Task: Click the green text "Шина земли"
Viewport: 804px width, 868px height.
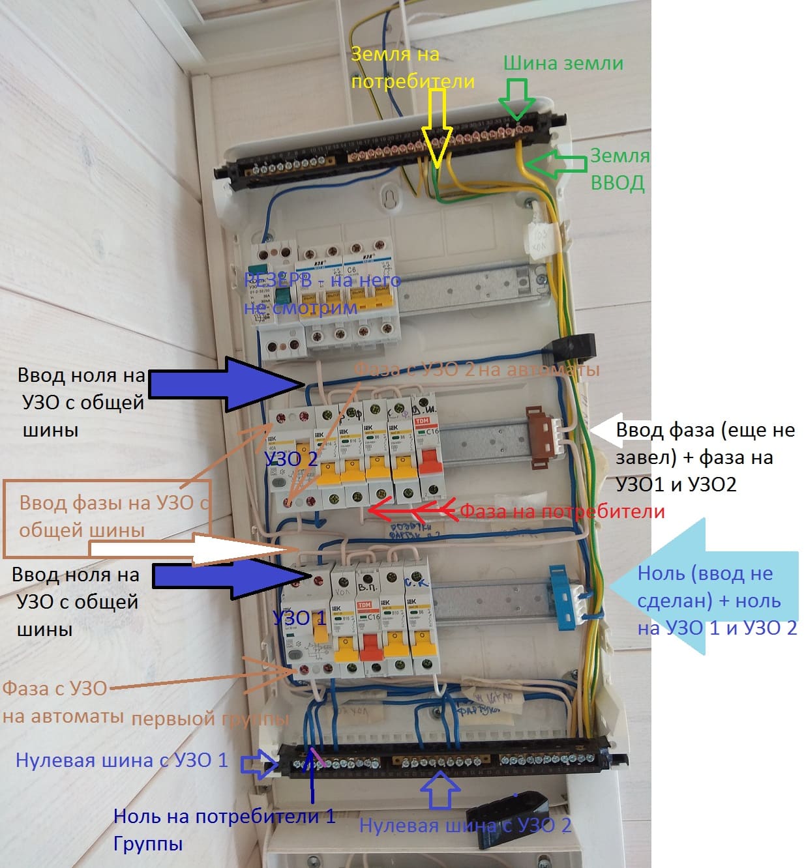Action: click(x=563, y=63)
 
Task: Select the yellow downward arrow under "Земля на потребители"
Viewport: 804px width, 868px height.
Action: click(x=436, y=127)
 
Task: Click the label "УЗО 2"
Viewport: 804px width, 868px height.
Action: click(x=291, y=459)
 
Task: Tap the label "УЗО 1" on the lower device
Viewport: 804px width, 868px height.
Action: click(x=299, y=616)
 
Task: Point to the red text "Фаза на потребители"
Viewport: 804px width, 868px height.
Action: click(x=562, y=512)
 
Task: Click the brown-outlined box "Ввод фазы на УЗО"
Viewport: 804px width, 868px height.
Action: click(x=107, y=519)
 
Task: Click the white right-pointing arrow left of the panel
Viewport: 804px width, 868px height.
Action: click(x=189, y=549)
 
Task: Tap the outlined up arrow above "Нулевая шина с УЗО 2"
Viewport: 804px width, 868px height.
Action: click(x=440, y=788)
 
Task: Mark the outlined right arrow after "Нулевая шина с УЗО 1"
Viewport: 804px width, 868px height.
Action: click(x=260, y=764)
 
